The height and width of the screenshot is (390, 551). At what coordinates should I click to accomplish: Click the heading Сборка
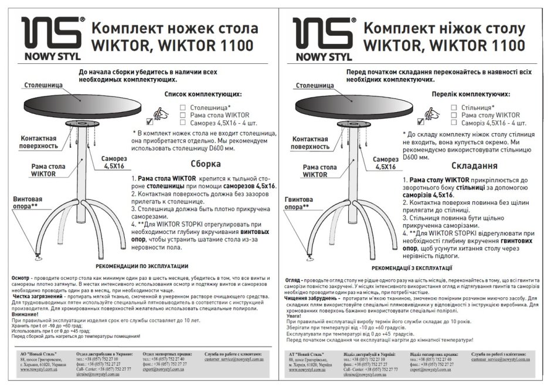206,164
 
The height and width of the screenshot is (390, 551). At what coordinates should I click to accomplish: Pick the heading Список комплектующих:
203,94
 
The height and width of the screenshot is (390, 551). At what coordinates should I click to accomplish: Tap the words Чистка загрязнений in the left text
35,297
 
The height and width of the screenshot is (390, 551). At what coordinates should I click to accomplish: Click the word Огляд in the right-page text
295,280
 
